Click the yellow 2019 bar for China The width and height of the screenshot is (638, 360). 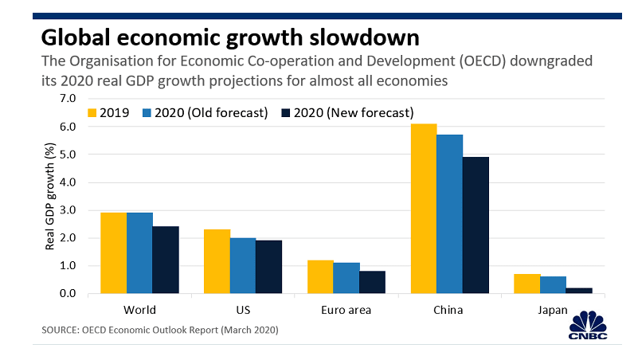(424, 209)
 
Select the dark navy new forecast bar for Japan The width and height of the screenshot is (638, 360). (579, 291)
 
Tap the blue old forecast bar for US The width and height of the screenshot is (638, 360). (243, 266)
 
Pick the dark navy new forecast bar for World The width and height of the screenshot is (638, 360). (166, 260)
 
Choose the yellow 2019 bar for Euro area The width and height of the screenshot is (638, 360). (320, 277)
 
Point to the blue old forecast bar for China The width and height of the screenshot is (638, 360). (449, 214)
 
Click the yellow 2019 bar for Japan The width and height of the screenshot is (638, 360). (527, 284)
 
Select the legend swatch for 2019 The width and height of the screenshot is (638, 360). (92, 112)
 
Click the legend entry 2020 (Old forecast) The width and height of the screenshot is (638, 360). (205, 112)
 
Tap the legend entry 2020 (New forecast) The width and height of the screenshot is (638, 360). (347, 112)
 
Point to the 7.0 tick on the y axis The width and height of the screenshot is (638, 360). (68, 99)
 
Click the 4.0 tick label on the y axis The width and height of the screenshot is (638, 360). (68, 182)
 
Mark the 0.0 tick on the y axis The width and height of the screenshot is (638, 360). (68, 293)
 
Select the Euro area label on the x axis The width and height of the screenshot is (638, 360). (346, 311)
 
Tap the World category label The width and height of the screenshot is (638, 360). (139, 310)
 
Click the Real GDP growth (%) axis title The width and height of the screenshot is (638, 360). (49, 196)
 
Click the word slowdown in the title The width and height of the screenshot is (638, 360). (364, 37)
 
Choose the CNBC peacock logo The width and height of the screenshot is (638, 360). (588, 325)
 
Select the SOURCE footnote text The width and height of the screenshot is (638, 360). (160, 330)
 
